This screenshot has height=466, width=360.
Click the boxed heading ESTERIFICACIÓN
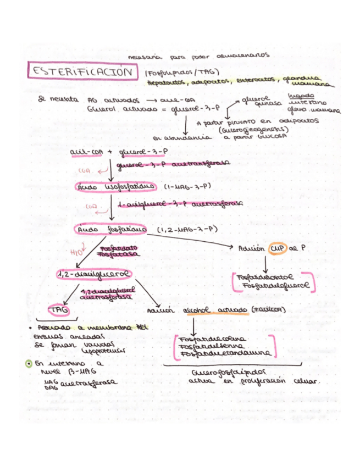click(82, 72)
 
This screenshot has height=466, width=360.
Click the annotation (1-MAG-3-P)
click(187, 187)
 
